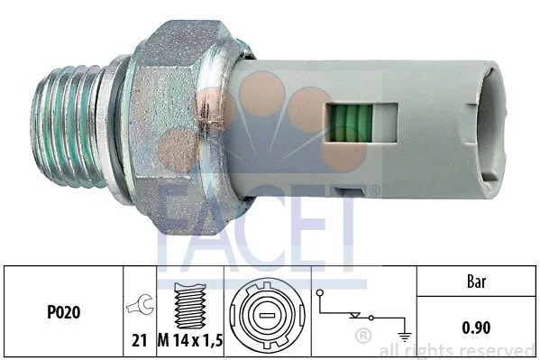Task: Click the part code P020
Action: point(63,312)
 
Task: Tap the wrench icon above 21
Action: point(140,305)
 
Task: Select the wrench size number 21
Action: point(140,340)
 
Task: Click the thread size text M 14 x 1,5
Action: point(190,341)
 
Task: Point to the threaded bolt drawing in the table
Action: point(190,306)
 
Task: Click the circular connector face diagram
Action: point(267,315)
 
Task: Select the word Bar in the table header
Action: point(476,282)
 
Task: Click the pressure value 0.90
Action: point(476,328)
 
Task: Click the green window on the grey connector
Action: point(351,123)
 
